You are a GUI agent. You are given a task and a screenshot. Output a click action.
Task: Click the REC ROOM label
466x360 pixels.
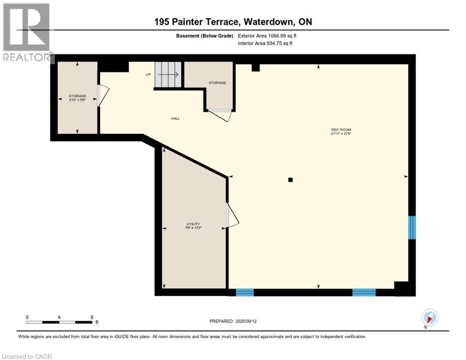(341, 129)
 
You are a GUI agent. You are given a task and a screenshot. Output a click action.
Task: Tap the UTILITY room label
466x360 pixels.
(193, 224)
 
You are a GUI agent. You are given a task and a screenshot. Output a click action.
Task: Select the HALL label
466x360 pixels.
(175, 118)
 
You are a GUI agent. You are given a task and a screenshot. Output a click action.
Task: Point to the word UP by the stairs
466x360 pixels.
(148, 74)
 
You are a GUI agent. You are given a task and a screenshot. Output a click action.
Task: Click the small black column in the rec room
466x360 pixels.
(290, 180)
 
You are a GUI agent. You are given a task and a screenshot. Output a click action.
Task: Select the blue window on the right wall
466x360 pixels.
(412, 227)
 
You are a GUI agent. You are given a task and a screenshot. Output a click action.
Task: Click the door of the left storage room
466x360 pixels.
(103, 96)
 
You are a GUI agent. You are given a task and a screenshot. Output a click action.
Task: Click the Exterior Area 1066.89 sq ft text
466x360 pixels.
(267, 36)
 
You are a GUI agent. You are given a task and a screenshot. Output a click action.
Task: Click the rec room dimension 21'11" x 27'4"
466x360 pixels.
(341, 134)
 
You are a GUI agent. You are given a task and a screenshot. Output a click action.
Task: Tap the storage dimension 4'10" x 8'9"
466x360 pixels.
(77, 99)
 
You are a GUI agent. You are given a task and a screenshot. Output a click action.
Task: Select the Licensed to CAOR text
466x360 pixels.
(26, 356)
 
